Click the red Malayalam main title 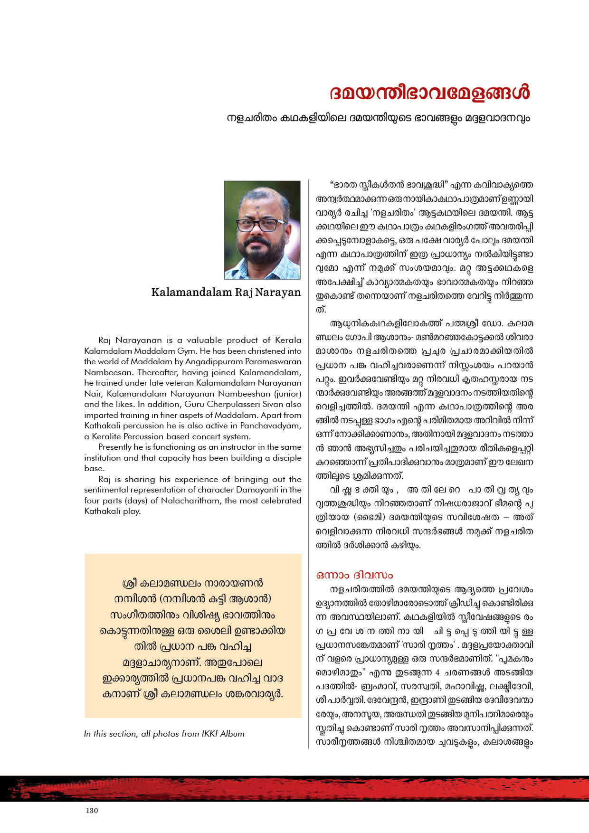[x=429, y=93]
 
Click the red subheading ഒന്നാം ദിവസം [x=354, y=575]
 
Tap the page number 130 [x=92, y=810]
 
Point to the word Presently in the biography [x=114, y=447]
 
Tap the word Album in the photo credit [x=233, y=734]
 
